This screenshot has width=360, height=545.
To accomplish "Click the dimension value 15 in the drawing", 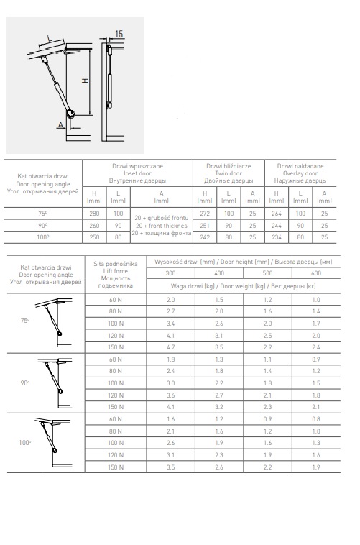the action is pyautogui.click(x=119, y=34).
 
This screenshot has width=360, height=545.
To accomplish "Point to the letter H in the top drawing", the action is pyautogui.click(x=85, y=81).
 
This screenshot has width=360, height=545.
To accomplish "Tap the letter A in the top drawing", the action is pyautogui.click(x=61, y=124).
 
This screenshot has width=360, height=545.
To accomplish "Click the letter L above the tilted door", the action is pyautogui.click(x=49, y=39).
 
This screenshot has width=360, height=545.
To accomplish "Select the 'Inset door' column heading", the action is pyautogui.click(x=137, y=173).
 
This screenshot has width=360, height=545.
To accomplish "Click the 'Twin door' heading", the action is pyautogui.click(x=229, y=173).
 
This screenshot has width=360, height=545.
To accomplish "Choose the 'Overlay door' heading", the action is pyautogui.click(x=300, y=173).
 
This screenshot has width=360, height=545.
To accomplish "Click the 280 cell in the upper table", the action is pyautogui.click(x=94, y=214).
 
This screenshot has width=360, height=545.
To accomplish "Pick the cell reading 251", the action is pyautogui.click(x=205, y=226).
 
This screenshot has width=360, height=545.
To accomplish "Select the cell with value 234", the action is pyautogui.click(x=276, y=237).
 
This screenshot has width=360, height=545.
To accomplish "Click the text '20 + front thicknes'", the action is pyautogui.click(x=161, y=226).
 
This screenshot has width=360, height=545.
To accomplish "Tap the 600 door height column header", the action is pyautogui.click(x=316, y=273).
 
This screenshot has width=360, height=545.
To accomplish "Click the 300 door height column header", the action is pyautogui.click(x=170, y=273).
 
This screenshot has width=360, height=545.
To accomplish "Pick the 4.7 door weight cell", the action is pyautogui.click(x=170, y=347).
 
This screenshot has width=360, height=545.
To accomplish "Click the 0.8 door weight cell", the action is pyautogui.click(x=316, y=419).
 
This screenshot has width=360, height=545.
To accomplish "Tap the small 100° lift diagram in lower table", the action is pyautogui.click(x=53, y=442).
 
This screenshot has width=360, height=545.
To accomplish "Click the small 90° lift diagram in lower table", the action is pyautogui.click(x=55, y=383).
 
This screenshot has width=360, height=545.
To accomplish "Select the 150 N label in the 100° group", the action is pyautogui.click(x=116, y=467).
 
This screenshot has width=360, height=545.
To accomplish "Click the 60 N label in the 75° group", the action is pyautogui.click(x=116, y=300).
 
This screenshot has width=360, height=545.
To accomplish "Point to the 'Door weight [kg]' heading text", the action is pyautogui.click(x=244, y=286).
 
